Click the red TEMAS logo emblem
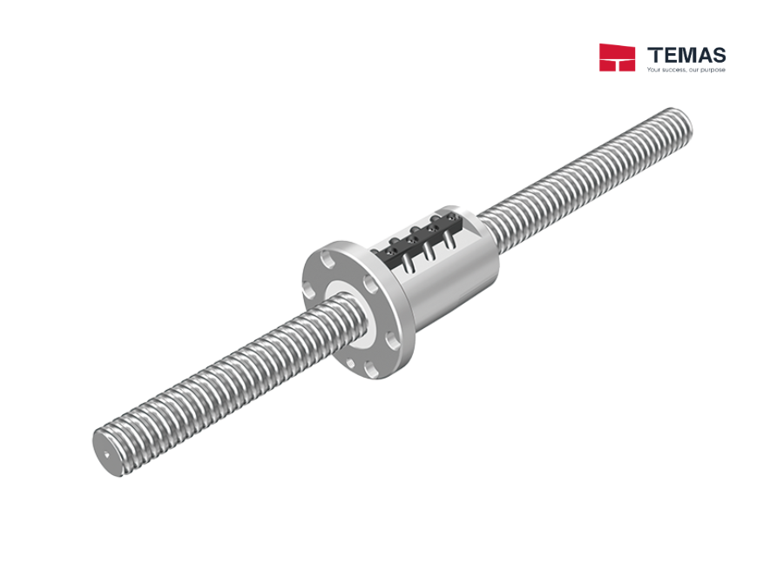617,57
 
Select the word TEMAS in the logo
686,54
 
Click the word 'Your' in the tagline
655,70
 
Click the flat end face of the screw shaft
108,452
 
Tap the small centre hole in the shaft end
106,453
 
